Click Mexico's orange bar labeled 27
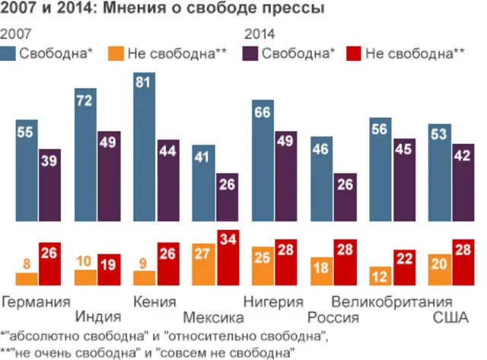203,263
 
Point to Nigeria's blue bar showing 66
263,160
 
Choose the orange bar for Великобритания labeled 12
379,275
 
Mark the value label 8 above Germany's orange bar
26,265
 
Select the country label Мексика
215,317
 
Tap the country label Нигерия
275,301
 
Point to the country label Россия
333,317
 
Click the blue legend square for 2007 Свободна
9,54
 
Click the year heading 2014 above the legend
260,34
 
